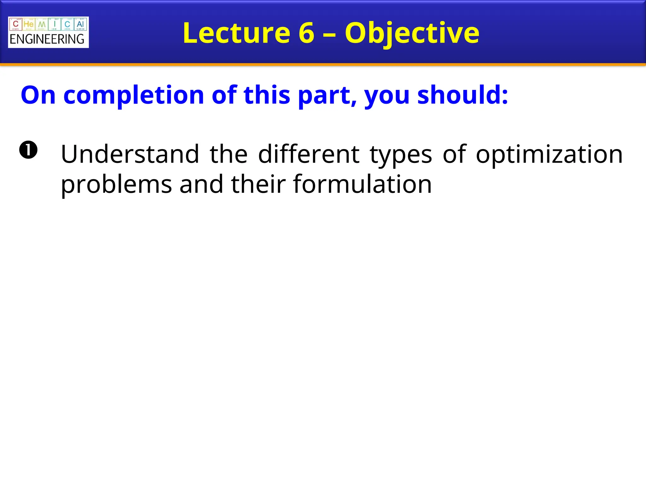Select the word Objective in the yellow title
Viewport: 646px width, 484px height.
pyautogui.click(x=412, y=33)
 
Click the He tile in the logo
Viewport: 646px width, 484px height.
pyautogui.click(x=28, y=24)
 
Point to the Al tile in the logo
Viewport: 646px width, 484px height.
pyautogui.click(x=80, y=24)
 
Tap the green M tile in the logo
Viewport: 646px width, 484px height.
pyautogui.click(x=42, y=24)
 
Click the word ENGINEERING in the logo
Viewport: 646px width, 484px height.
pyautogui.click(x=47, y=39)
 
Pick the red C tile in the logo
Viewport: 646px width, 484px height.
pyautogui.click(x=15, y=24)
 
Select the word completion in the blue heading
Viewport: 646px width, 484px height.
pyautogui.click(x=134, y=95)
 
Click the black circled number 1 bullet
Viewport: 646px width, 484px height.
pyautogui.click(x=28, y=150)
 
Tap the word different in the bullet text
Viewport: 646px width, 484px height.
pyautogui.click(x=309, y=154)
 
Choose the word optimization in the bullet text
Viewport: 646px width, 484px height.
pyautogui.click(x=549, y=155)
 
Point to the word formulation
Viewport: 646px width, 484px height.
pyautogui.click(x=362, y=184)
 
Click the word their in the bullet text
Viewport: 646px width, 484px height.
pyautogui.click(x=258, y=184)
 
